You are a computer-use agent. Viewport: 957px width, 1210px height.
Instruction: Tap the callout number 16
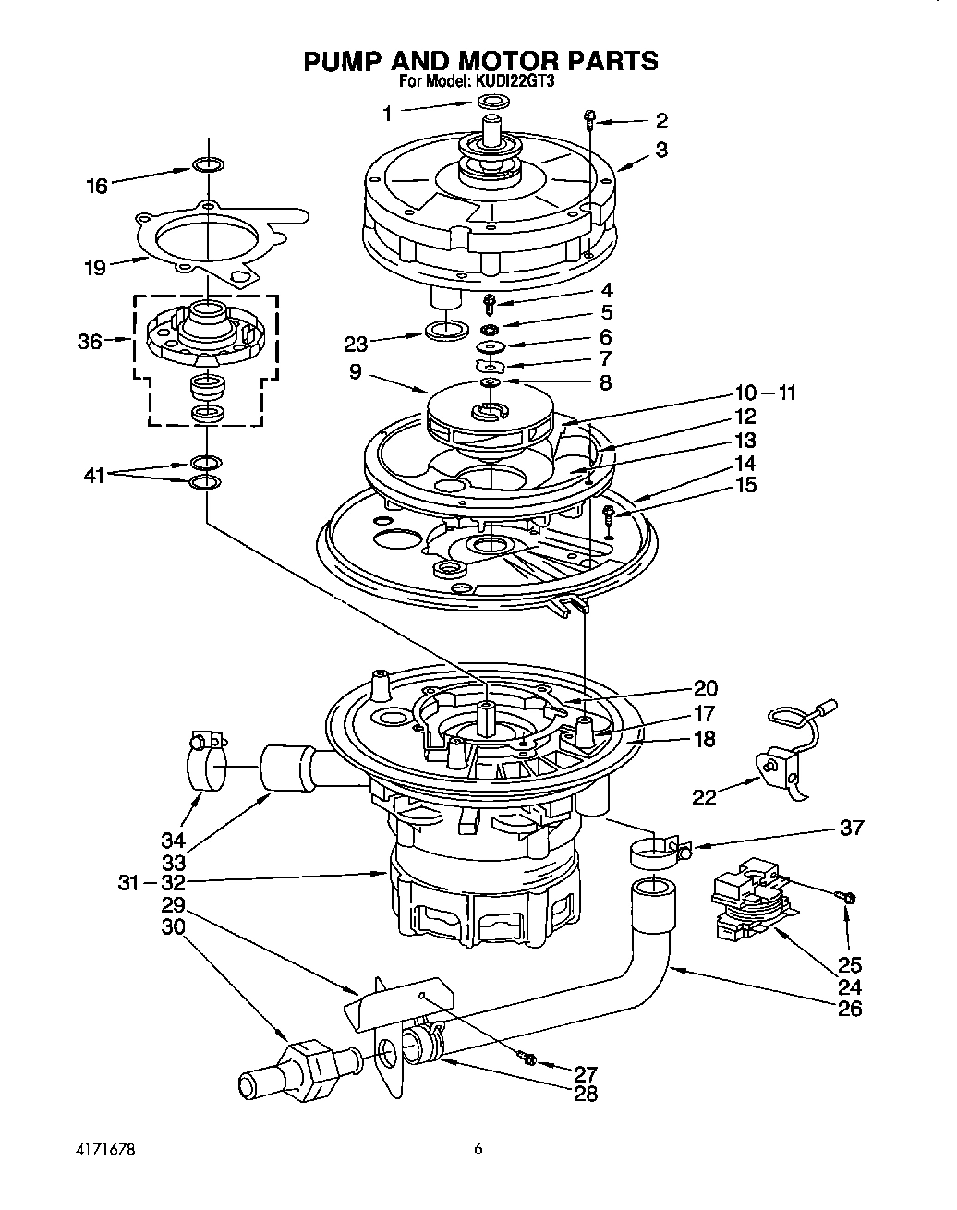97,186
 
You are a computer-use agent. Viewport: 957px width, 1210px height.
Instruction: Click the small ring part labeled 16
208,165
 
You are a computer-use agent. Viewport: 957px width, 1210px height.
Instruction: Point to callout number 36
90,341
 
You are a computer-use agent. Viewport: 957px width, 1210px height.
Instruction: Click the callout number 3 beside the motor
661,149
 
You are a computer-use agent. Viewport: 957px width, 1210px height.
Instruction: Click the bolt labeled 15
609,514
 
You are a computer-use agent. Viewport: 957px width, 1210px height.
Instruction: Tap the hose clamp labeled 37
658,851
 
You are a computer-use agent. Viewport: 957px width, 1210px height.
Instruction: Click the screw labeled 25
847,896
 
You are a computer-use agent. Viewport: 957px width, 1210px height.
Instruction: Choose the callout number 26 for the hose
848,1008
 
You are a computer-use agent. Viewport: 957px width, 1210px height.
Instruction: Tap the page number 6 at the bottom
478,1149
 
